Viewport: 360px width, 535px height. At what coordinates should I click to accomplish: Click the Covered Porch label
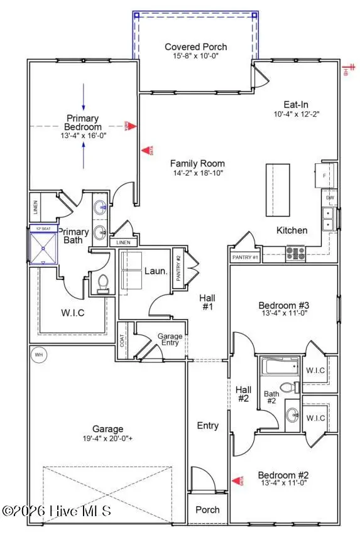pyautogui.click(x=195, y=47)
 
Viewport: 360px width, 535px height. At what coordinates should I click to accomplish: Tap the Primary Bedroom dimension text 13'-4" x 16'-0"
pyautogui.click(x=84, y=134)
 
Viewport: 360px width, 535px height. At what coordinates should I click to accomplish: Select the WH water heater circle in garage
pyautogui.click(x=39, y=355)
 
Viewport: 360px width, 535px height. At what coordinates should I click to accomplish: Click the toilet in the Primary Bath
pyautogui.click(x=103, y=284)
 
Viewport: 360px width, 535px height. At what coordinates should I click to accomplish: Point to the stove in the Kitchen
pyautogui.click(x=295, y=252)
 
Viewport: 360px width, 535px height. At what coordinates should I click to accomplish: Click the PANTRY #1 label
pyautogui.click(x=246, y=257)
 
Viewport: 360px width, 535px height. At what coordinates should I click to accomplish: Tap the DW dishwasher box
pyautogui.click(x=329, y=198)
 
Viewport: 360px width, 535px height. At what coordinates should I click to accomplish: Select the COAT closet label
pyautogui.click(x=122, y=340)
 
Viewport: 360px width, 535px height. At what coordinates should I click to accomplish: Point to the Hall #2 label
pyautogui.click(x=243, y=394)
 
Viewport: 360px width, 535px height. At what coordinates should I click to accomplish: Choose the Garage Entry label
pyautogui.click(x=170, y=340)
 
